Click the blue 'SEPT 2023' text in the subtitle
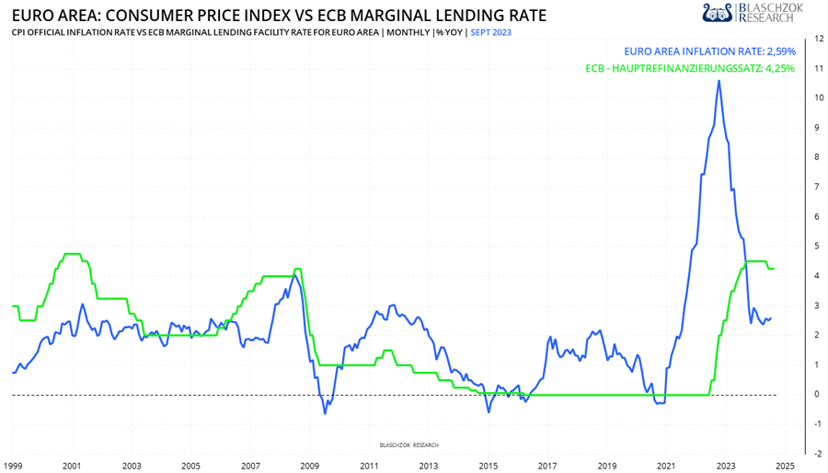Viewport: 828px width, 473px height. pyautogui.click(x=491, y=32)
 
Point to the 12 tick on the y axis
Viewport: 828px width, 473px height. pyautogui.click(x=806, y=40)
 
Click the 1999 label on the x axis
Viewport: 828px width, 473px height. pyautogui.click(x=13, y=467)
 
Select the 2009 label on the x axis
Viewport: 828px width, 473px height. pyautogui.click(x=310, y=467)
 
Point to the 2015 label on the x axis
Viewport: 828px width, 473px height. pyautogui.click(x=488, y=467)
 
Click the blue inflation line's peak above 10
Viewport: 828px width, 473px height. pyautogui.click(x=719, y=81)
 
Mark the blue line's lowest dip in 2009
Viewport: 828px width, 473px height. pyautogui.click(x=325, y=413)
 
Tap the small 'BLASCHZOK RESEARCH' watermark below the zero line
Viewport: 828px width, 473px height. pyautogui.click(x=409, y=444)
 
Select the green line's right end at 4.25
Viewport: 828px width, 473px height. pyautogui.click(x=774, y=269)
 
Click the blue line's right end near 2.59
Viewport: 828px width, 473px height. pyautogui.click(x=771, y=318)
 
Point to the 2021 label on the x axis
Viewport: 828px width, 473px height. pyautogui.click(x=666, y=467)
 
